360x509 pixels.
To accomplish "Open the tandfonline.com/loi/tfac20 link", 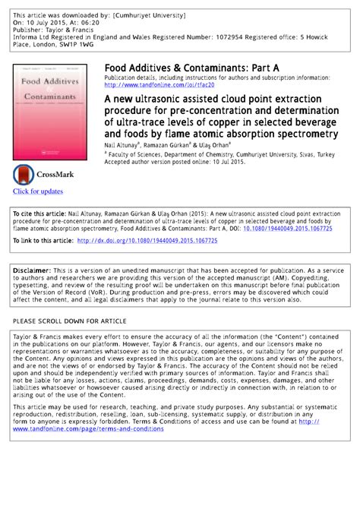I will (159, 85).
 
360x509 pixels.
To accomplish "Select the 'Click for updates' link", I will (38, 191).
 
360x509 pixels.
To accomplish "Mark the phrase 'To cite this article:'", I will (43, 214).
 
